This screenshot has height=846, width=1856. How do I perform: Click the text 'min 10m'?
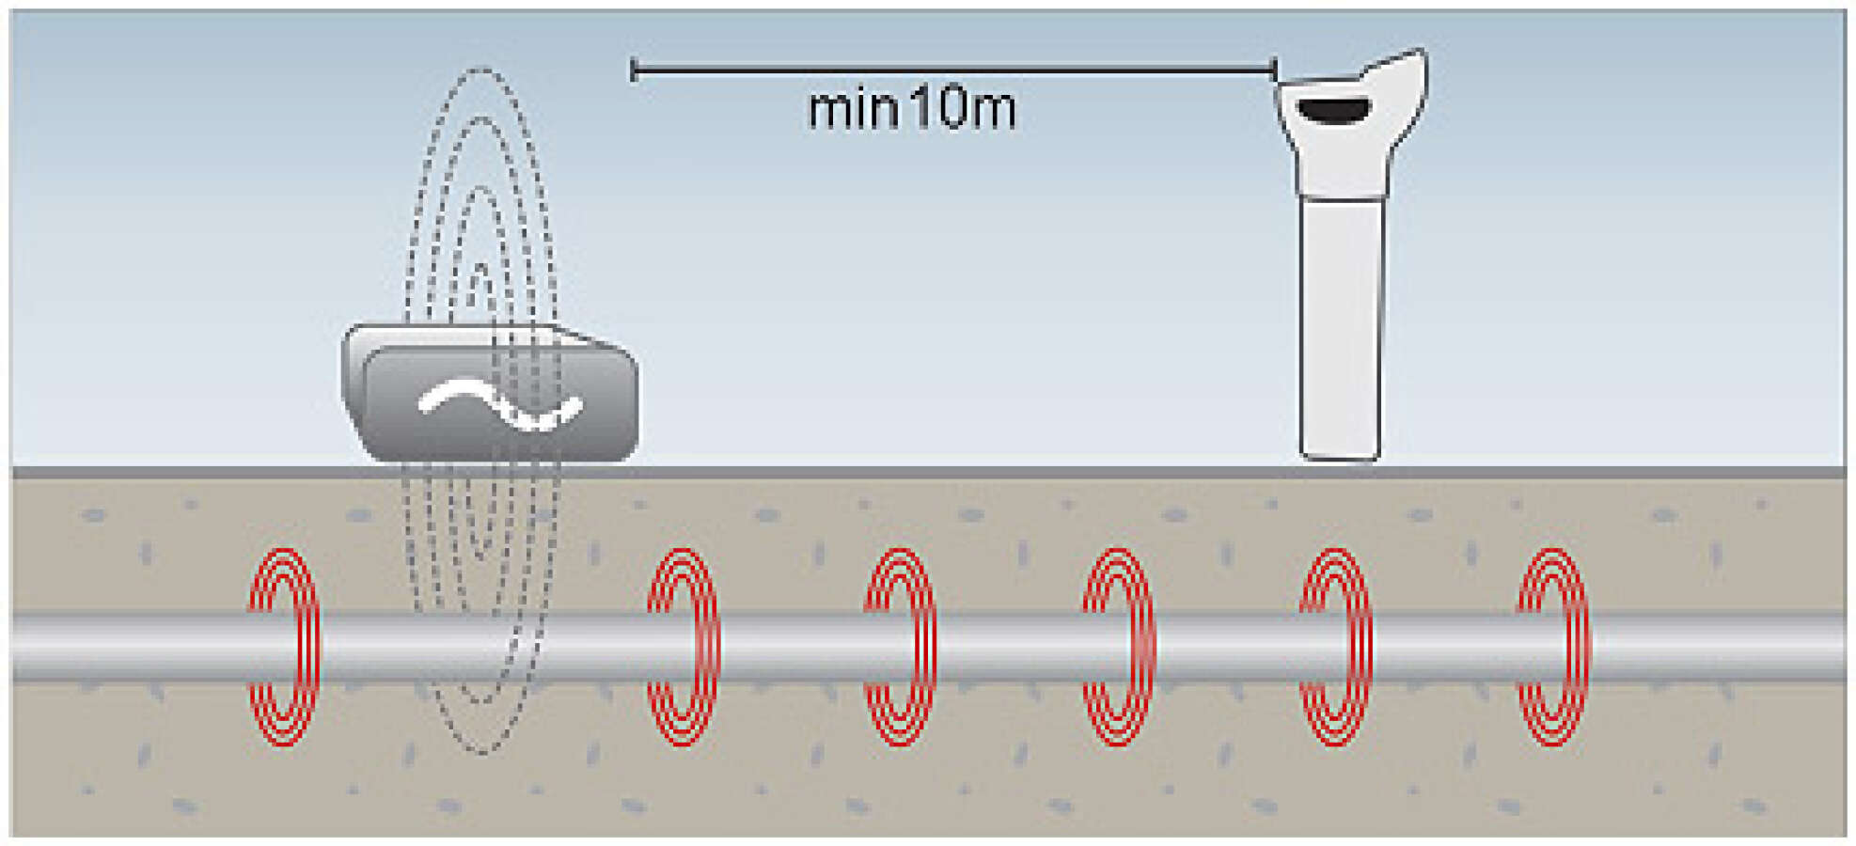point(912,108)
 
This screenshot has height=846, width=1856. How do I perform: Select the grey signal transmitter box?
point(490,393)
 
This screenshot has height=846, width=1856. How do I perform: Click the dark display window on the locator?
point(1333,111)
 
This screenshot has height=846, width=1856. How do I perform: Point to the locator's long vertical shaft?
point(1341,329)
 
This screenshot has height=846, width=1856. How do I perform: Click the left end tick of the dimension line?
point(634,70)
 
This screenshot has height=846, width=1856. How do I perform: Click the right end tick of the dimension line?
point(1275,70)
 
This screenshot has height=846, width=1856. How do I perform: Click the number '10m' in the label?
point(964,108)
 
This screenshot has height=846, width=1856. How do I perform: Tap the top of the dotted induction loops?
point(481,68)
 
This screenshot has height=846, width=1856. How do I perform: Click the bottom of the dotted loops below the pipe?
point(481,752)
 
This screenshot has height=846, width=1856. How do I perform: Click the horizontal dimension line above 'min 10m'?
point(954,70)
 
